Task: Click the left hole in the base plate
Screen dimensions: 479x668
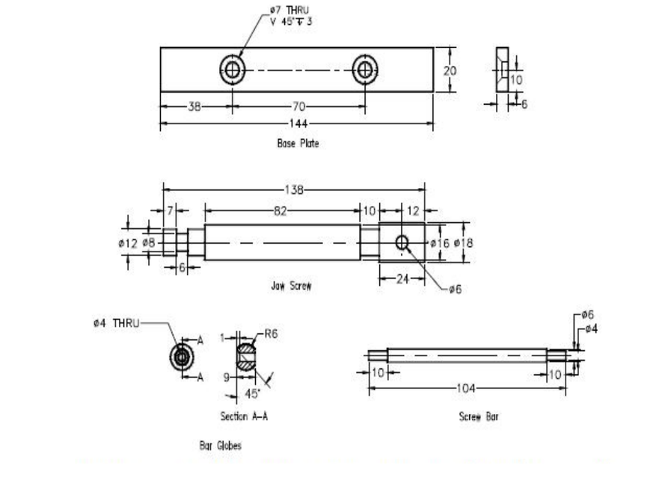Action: point(233,70)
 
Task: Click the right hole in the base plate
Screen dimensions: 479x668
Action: point(365,70)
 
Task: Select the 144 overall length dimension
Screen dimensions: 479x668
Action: point(297,123)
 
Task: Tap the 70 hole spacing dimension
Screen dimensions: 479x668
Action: point(298,106)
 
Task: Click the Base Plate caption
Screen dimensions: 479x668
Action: point(297,144)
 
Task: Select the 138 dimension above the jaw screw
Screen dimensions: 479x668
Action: point(295,191)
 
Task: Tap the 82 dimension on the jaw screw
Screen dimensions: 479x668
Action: point(281,212)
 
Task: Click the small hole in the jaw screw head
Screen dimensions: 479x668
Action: point(402,242)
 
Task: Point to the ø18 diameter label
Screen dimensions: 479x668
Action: point(463,242)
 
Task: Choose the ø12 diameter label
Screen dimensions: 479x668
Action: point(129,242)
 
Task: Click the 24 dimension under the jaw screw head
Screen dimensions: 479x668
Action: point(401,278)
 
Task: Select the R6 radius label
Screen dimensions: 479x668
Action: point(270,335)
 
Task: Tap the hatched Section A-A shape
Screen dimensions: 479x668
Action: point(248,357)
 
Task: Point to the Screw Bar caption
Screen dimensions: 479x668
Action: point(478,416)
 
